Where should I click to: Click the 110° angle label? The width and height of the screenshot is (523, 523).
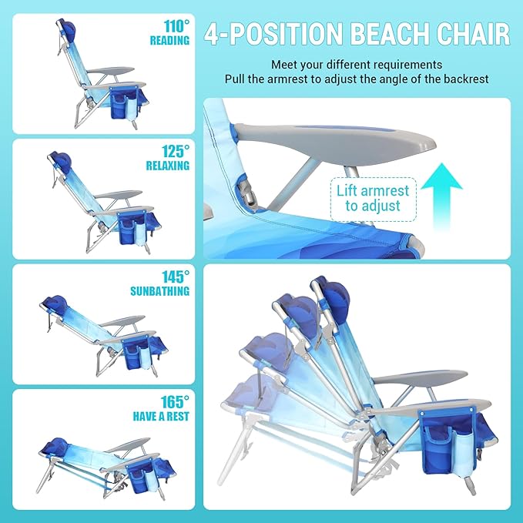174,25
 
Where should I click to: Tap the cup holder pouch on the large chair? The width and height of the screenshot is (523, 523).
447,438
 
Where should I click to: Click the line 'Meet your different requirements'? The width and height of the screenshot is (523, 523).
356,64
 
